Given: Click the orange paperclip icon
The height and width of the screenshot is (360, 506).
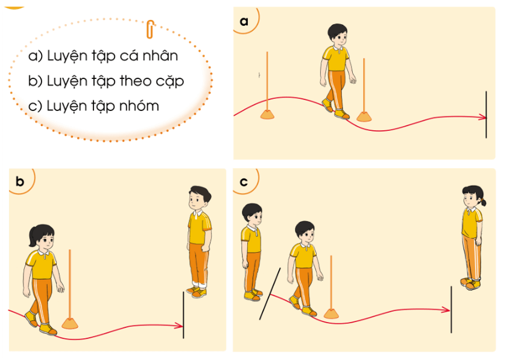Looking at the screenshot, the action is (x=150, y=30).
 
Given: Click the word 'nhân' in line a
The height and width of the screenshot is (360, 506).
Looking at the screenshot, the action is (x=160, y=55).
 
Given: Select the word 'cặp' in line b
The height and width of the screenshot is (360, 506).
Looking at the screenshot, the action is (x=170, y=81).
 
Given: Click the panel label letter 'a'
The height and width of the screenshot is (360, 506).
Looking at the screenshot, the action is (x=244, y=21).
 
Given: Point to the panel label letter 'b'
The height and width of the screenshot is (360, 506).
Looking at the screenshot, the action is (x=20, y=182).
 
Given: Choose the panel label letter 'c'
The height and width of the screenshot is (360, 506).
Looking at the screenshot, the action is (x=244, y=182).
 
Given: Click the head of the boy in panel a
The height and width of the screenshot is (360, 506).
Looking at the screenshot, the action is (x=338, y=35).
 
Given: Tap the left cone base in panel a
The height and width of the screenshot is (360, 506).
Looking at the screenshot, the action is (x=267, y=115).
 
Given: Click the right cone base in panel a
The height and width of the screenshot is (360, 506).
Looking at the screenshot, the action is (x=364, y=116).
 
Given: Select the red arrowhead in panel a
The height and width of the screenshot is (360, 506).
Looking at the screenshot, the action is (x=482, y=118).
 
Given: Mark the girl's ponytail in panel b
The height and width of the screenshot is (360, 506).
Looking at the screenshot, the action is (x=33, y=236).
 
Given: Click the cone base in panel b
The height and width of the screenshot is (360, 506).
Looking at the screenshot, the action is (x=70, y=323).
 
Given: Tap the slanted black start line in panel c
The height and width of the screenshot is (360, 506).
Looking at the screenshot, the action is (x=270, y=294).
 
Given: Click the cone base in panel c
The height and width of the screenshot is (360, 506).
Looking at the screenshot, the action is (x=331, y=314).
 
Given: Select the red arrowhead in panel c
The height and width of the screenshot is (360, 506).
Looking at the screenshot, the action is (x=447, y=310).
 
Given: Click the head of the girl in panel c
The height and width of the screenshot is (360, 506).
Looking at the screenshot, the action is (x=473, y=197).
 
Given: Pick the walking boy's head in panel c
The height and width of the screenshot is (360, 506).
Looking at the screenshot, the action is (x=305, y=232).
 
